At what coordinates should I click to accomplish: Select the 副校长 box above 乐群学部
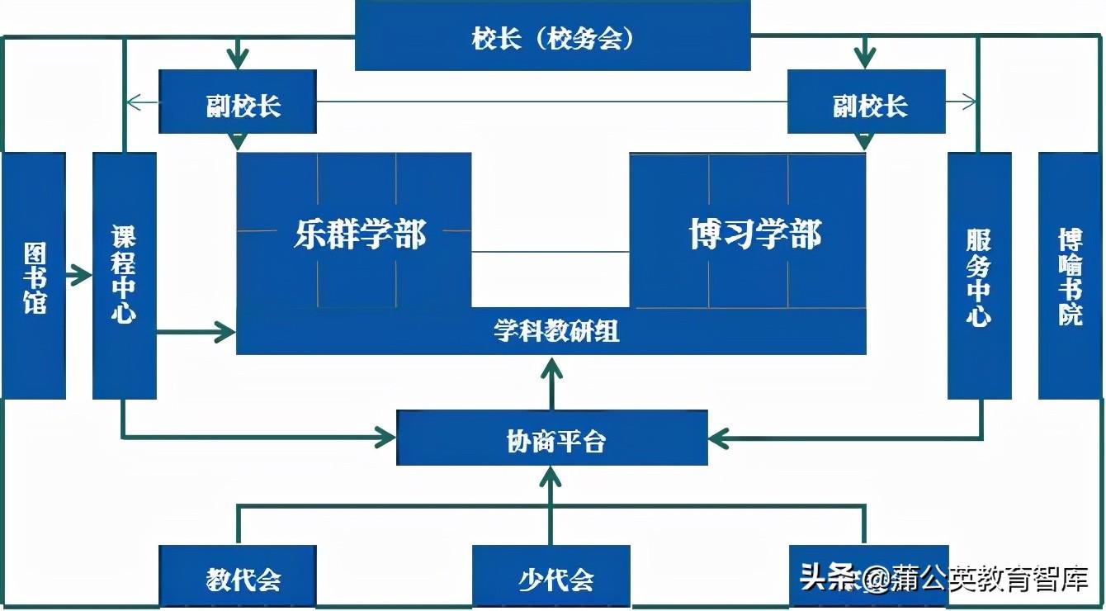point(238,102)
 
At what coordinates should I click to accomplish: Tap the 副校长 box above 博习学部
point(866,102)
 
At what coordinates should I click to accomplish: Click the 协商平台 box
point(552,438)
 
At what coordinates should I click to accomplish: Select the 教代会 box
point(238,576)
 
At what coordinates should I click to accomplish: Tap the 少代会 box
point(551,576)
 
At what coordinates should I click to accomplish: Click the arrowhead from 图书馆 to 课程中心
point(83,275)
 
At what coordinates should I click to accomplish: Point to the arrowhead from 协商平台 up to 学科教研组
point(551,367)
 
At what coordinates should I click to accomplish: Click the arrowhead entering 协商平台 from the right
point(718,438)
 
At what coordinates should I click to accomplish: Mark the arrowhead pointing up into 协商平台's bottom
point(551,474)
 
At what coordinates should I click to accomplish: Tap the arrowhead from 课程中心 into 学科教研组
point(226,333)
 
